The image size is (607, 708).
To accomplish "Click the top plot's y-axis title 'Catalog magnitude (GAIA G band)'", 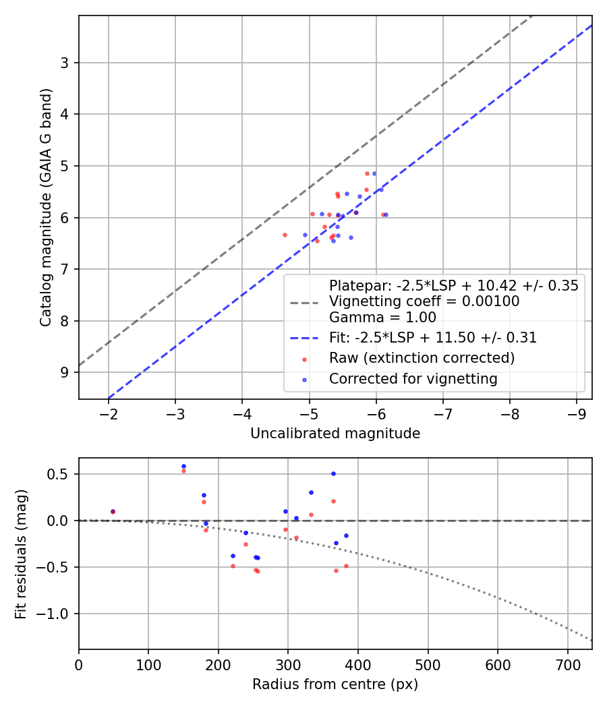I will pos(45,208).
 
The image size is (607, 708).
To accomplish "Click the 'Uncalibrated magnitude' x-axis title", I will pos(335,434).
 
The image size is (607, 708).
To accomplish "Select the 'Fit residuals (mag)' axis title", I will pos(21,554).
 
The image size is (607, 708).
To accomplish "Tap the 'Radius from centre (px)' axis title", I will pos(335,684).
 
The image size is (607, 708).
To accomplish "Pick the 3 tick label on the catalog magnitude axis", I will pos(65,63).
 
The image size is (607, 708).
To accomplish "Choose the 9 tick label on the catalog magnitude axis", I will pos(65,373).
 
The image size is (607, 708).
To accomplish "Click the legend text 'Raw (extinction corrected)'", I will pos(422,357).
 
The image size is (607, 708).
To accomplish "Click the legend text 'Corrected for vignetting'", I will pos(413,379).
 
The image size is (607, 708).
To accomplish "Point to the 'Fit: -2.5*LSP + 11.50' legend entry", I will pos(432,338).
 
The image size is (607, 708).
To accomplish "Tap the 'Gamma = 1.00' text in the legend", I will pos(382,317).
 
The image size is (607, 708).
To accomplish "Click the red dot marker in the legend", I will pos(304,358).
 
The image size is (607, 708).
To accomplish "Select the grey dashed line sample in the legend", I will pos(304,302).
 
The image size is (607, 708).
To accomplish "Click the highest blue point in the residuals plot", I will pos(183,466).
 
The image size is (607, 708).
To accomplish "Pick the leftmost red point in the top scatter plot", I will pos(285,235).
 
